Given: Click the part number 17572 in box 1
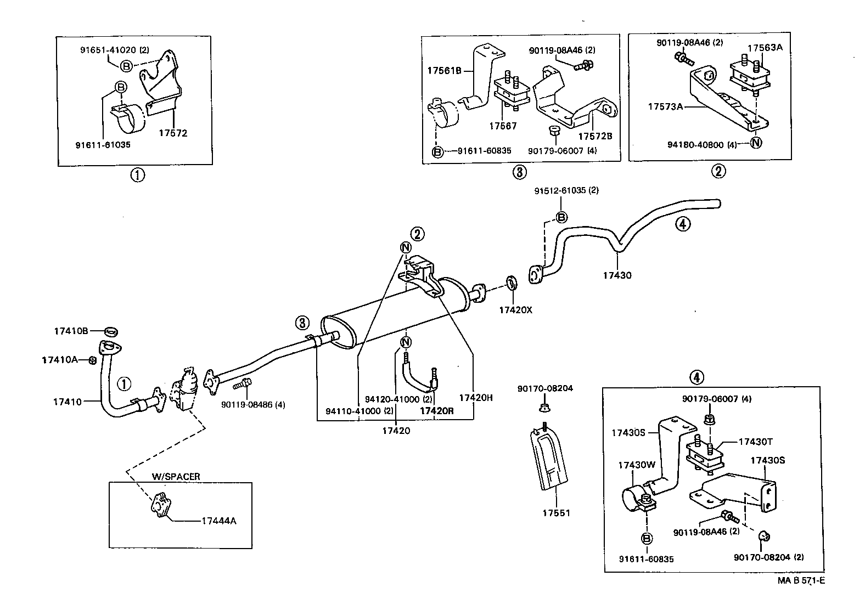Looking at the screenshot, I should point(173,133).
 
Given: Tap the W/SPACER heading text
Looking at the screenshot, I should point(176,476).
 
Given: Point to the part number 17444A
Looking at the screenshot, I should point(217,521).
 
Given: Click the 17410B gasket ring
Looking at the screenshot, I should point(111,331).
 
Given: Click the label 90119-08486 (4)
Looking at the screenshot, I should point(253,405).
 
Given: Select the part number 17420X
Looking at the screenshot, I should point(515,310).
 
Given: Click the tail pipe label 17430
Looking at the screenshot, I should point(617,275).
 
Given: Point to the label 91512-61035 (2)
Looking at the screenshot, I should point(566,191).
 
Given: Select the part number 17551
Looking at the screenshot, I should point(556,513).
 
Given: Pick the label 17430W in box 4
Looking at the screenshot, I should point(637,465).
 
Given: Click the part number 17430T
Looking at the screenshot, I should point(755,442).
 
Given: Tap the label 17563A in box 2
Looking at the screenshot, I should point(765,48).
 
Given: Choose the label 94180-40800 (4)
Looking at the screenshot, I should point(702,145).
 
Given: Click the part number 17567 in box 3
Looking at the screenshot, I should point(503,126).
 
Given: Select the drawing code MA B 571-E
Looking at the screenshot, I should point(800,580).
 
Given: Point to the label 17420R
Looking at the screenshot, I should point(437,410).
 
